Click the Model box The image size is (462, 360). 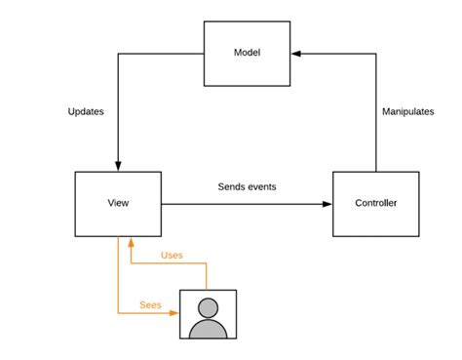[247, 55]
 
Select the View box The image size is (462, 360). [118, 204]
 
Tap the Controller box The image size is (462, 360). [374, 204]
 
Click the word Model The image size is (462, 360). [247, 52]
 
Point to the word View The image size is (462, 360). [118, 204]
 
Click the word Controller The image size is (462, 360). [374, 204]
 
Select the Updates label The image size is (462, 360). [86, 111]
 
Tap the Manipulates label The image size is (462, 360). [407, 111]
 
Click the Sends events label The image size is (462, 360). [247, 186]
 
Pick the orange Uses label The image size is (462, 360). [172, 256]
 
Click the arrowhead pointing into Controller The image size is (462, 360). [327, 204]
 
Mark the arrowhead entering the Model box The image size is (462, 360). [295, 55]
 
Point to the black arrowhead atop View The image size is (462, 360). [118, 166]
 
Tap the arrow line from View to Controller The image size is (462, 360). [244, 204]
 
